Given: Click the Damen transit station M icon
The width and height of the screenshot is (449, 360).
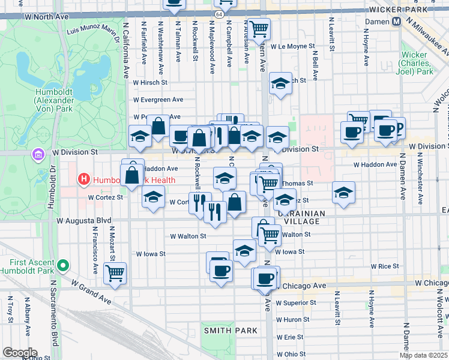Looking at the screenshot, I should click(397, 22).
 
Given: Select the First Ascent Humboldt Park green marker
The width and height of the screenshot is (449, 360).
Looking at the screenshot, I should click(62, 264).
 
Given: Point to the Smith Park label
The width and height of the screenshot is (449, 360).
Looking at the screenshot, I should click(231, 331).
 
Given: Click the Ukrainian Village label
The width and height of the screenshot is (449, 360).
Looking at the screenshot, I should click(301, 217).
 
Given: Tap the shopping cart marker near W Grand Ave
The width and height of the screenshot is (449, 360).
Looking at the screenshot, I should click(115, 273).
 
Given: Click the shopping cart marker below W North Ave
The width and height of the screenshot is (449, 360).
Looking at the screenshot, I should click(259, 28).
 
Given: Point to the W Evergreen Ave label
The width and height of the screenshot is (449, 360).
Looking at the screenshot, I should click(158, 100).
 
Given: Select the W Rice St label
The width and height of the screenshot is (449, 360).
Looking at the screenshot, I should click(385, 266).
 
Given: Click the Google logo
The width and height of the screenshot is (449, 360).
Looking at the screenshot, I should click(19, 352).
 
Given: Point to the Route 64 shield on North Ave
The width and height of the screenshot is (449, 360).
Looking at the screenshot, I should click(220, 13).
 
